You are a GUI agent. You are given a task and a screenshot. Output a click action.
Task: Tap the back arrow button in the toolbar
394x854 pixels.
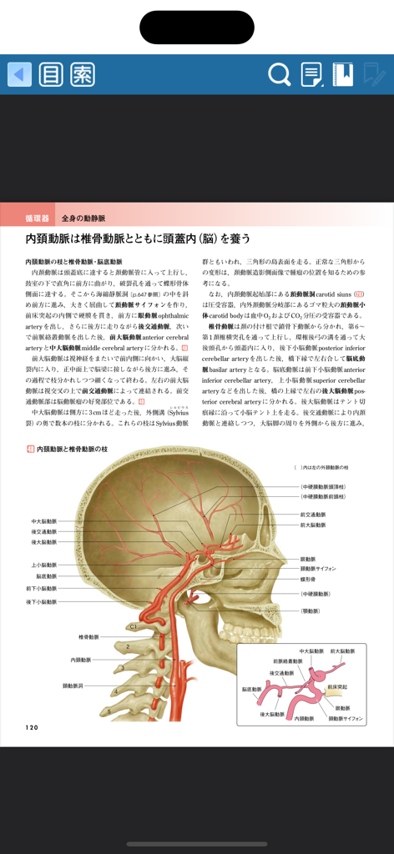19,74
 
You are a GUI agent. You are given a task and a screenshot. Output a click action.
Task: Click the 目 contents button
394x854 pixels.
51,74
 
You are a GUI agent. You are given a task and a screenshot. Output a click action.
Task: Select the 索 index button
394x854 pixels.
83,74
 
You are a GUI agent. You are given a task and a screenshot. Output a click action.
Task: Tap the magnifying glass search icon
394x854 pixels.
279,74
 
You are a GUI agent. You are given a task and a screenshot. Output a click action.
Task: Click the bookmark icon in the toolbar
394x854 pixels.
342,74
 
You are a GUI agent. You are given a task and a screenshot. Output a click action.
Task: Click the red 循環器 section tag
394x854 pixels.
37,218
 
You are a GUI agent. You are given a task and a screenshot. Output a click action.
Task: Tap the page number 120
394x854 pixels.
32,727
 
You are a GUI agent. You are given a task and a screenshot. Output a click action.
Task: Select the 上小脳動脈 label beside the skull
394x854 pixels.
43,565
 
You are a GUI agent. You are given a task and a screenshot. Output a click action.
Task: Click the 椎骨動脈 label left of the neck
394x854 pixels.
89,636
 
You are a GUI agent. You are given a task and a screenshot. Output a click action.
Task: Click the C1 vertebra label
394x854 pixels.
132,625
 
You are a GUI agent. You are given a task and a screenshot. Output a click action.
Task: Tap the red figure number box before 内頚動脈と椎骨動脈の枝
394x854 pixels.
30,450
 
